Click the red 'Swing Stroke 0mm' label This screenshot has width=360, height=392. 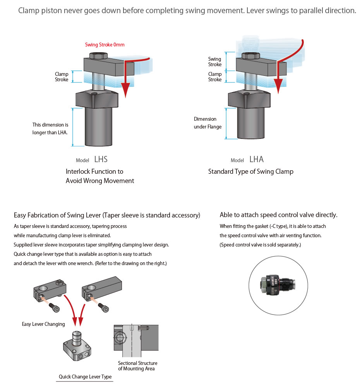click(105, 45)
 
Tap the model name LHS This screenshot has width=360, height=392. click(101, 159)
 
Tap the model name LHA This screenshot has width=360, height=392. click(257, 159)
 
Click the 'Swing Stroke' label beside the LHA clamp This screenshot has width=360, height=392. click(215, 62)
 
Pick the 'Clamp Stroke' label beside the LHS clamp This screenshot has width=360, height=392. click(62, 77)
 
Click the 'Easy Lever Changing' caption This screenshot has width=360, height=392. click(43, 324)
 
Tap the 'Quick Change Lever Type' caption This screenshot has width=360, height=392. click(85, 377)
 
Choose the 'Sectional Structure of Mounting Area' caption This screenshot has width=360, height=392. click(138, 366)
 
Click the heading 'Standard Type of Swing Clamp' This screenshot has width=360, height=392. click(251, 171)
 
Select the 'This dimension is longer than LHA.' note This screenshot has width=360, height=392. click(50, 128)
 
